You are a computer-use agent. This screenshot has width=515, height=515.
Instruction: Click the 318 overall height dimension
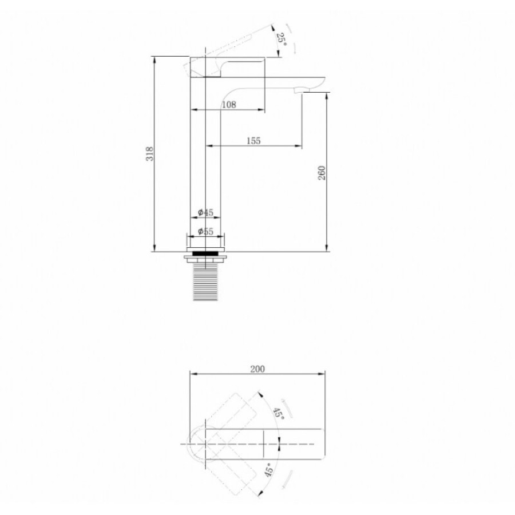point(150,154)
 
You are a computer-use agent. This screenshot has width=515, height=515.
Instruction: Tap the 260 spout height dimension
point(322,173)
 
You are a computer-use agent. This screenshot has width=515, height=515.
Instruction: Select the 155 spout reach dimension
point(253,141)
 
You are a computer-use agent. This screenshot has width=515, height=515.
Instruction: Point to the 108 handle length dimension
point(229,105)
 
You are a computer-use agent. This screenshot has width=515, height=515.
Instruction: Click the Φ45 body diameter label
point(205,212)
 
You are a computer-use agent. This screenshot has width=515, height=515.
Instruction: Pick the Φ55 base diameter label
point(205,232)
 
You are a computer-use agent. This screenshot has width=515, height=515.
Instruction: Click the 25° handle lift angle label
point(282,39)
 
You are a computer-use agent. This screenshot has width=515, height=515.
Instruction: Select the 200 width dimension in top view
point(257,369)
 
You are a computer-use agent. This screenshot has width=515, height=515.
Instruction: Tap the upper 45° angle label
point(279,413)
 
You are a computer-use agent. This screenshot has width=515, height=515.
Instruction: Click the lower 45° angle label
point(269,470)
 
